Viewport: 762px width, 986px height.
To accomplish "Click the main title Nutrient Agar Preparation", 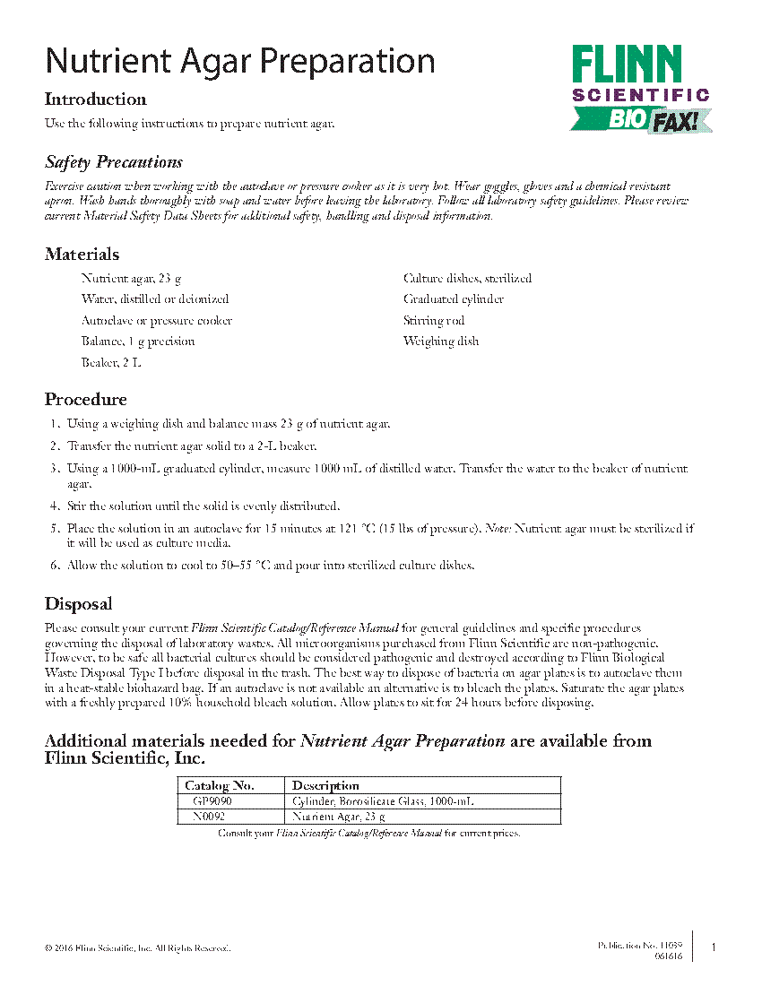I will (x=240, y=61).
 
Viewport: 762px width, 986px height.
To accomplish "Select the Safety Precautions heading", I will (x=114, y=162).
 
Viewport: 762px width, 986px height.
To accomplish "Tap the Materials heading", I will (x=82, y=255).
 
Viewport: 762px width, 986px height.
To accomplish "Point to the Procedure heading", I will (x=86, y=399).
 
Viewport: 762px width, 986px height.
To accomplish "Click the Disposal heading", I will (x=78, y=604).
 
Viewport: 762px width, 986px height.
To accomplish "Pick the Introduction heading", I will (x=95, y=99).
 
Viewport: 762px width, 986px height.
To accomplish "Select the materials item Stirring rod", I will (x=434, y=320).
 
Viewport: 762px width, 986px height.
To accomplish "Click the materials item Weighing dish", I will (x=441, y=341).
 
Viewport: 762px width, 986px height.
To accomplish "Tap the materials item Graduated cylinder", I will (x=454, y=299).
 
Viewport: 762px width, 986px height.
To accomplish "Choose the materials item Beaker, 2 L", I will (x=111, y=362).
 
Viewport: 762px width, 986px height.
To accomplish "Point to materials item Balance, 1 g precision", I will (x=138, y=342).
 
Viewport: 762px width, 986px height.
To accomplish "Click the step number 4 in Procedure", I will (x=55, y=506).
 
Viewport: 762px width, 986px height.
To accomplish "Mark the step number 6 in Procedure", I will (x=55, y=565).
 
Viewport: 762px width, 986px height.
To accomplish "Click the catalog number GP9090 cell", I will (x=212, y=801).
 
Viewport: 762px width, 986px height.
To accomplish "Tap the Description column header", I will (x=325, y=785).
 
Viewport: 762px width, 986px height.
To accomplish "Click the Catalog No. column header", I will (x=220, y=785).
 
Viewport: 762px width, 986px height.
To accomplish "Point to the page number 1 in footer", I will (x=714, y=947).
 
